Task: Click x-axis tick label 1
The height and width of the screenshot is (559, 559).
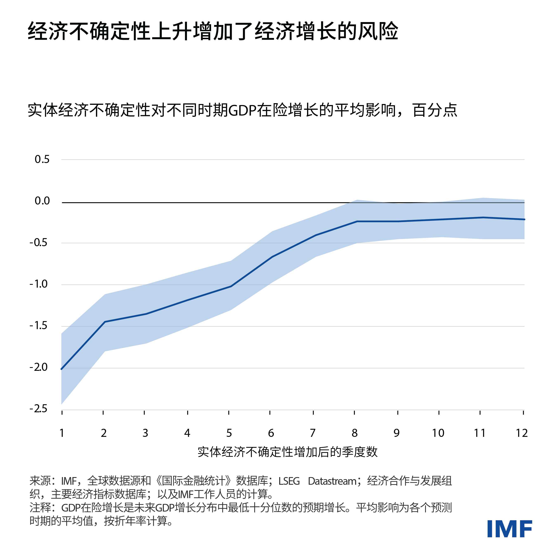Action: point(62,433)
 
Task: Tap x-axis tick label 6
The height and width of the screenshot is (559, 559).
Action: point(271,433)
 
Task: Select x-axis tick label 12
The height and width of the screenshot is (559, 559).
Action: point(522,433)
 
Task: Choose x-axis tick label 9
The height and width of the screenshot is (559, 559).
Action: point(396,433)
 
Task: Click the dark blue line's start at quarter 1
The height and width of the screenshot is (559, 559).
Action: point(62,369)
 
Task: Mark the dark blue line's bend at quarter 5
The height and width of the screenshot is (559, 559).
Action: point(231,286)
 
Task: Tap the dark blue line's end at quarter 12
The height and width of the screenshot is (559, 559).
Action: point(524,219)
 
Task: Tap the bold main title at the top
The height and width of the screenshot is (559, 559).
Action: point(213,31)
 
